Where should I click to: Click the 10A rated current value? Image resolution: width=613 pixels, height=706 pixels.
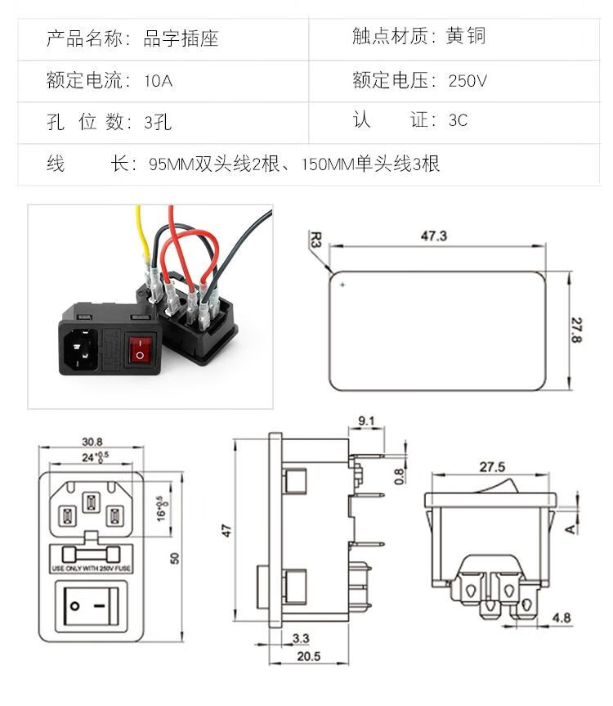point(158,81)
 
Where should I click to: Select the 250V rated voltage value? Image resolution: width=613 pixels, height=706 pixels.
point(468,81)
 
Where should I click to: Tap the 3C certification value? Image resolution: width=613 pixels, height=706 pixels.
point(458,120)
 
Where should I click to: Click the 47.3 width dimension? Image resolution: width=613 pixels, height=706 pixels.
point(433,236)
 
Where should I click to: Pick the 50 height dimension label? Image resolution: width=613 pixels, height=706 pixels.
point(174,557)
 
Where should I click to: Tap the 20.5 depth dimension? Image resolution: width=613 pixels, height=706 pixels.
point(308,656)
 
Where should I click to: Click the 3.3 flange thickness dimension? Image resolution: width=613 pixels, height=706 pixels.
point(300,638)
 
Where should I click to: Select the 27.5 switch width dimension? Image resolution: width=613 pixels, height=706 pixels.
point(491,468)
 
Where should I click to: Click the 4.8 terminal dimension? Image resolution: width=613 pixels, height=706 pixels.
point(562,617)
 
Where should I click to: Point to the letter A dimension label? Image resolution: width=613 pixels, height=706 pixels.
point(569,528)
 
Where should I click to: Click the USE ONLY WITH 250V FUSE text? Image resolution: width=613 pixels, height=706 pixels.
point(90,567)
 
